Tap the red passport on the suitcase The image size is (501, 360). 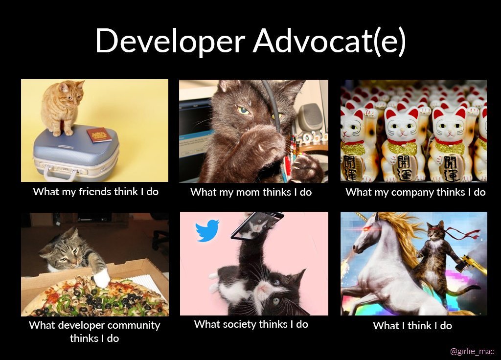[99, 135]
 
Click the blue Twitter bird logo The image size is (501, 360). [207, 231]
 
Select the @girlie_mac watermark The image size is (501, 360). [472, 351]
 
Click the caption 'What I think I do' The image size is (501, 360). [412, 326]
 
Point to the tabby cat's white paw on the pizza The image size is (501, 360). [102, 278]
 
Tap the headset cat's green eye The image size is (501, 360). [244, 111]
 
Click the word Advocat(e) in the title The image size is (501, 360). [329, 42]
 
